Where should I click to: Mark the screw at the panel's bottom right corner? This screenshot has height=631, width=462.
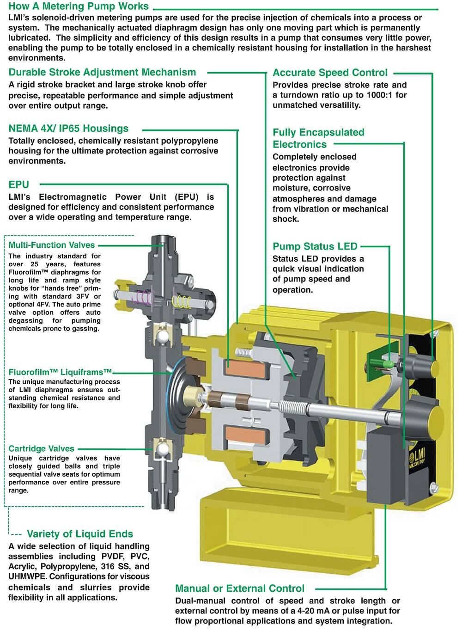tap(433, 487)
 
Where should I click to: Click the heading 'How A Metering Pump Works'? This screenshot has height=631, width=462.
tap(79, 6)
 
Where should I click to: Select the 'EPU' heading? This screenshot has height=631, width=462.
tap(19, 184)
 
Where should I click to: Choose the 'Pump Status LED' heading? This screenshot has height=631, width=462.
tap(315, 246)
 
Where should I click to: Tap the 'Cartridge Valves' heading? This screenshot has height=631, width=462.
tap(41, 448)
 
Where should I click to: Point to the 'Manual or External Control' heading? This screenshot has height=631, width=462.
tap(240, 588)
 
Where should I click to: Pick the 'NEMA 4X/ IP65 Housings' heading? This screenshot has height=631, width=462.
tap(68, 129)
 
